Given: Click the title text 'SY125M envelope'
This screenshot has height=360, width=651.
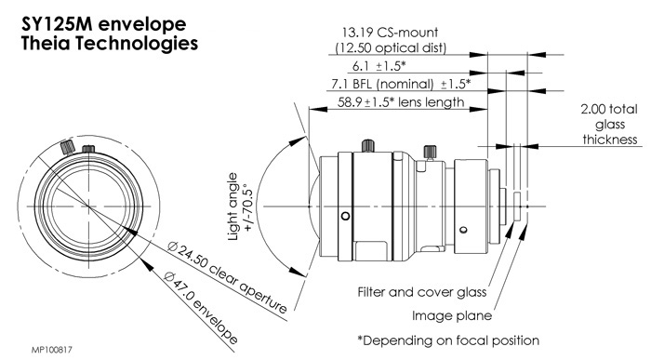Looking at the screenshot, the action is [103, 24].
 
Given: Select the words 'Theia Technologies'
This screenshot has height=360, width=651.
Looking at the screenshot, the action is [109, 44].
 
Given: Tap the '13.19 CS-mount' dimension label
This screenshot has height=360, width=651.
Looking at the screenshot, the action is [390, 33].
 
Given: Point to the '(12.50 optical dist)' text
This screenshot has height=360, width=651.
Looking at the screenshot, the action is [391, 47].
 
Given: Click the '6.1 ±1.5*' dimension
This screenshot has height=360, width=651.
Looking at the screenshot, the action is [379, 66].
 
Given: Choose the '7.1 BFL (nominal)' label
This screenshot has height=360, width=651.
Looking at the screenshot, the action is [382, 85].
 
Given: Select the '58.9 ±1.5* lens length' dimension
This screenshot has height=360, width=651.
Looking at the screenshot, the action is [401, 102].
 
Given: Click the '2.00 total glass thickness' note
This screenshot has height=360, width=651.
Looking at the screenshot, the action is [609, 124].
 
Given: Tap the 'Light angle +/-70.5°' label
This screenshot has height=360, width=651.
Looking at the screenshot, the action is [240, 207].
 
